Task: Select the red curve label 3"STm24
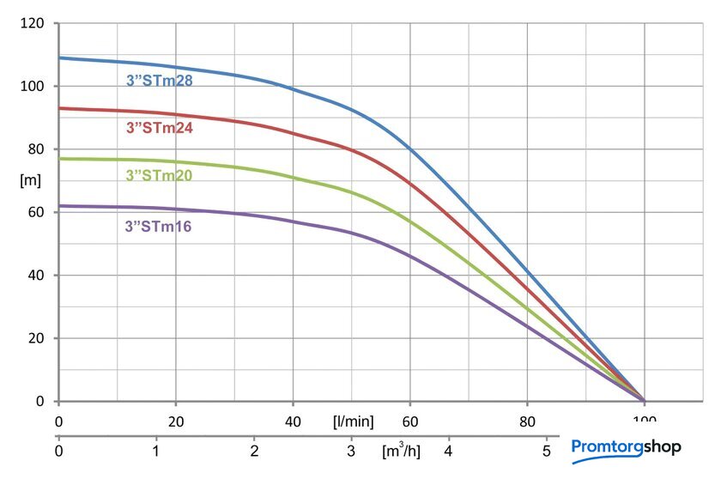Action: (159, 129)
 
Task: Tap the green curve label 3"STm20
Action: (159, 175)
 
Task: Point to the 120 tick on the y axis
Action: (33, 23)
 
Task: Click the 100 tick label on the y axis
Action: (33, 86)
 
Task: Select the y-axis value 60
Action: (36, 212)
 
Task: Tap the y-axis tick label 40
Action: (36, 275)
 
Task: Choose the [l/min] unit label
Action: (354, 421)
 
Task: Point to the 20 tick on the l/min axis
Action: (176, 421)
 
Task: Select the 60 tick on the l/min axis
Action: (410, 421)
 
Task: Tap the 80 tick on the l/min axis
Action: (527, 421)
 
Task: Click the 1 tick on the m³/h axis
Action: (156, 450)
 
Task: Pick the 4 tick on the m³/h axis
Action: (448, 450)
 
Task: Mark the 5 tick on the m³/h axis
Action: (546, 450)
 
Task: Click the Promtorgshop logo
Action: (626, 446)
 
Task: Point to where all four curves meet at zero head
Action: (644, 400)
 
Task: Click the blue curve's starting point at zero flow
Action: (59, 58)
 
